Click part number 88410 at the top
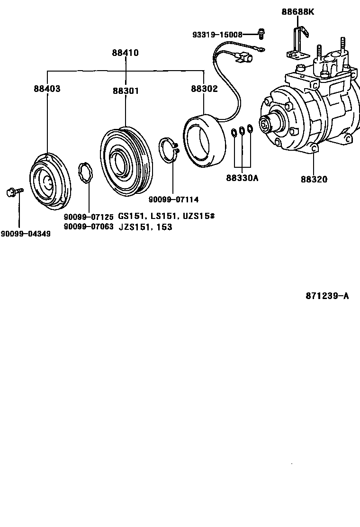coord(126,53)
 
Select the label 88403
coord(47,89)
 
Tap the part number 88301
coord(126,90)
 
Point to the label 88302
coord(204,89)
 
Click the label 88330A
coord(242,178)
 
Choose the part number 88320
coord(314,179)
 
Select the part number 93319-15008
coord(217,35)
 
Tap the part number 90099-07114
coord(173,199)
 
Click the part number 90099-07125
coord(89,217)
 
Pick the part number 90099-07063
coord(89,227)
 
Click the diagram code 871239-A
coord(327,296)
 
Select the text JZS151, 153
coord(145,227)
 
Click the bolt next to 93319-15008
coord(261,33)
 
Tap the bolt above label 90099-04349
coord(13,192)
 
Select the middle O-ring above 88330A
coord(242,130)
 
